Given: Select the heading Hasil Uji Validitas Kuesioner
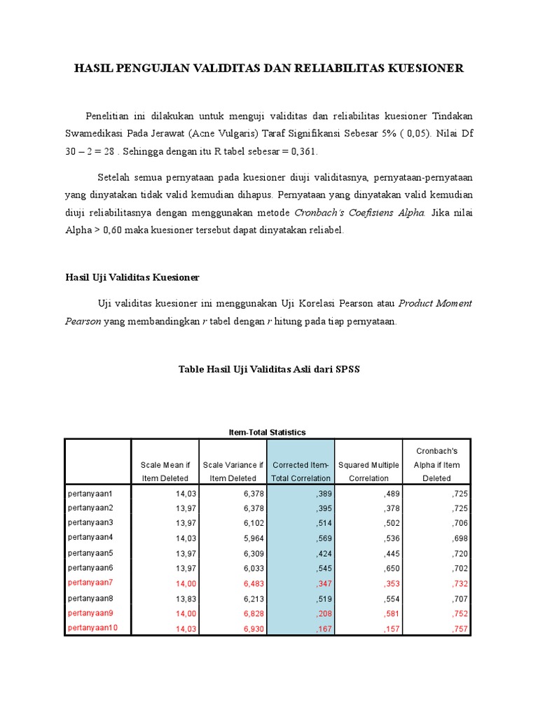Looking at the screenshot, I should pyautogui.click(x=132, y=277).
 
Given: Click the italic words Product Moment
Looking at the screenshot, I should pyautogui.click(x=435, y=303).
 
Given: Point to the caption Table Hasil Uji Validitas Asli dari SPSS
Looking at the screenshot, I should pyautogui.click(x=269, y=369).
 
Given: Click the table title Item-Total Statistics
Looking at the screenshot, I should pyautogui.click(x=268, y=432).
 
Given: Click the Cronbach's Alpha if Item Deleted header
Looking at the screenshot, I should pyautogui.click(x=436, y=464).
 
